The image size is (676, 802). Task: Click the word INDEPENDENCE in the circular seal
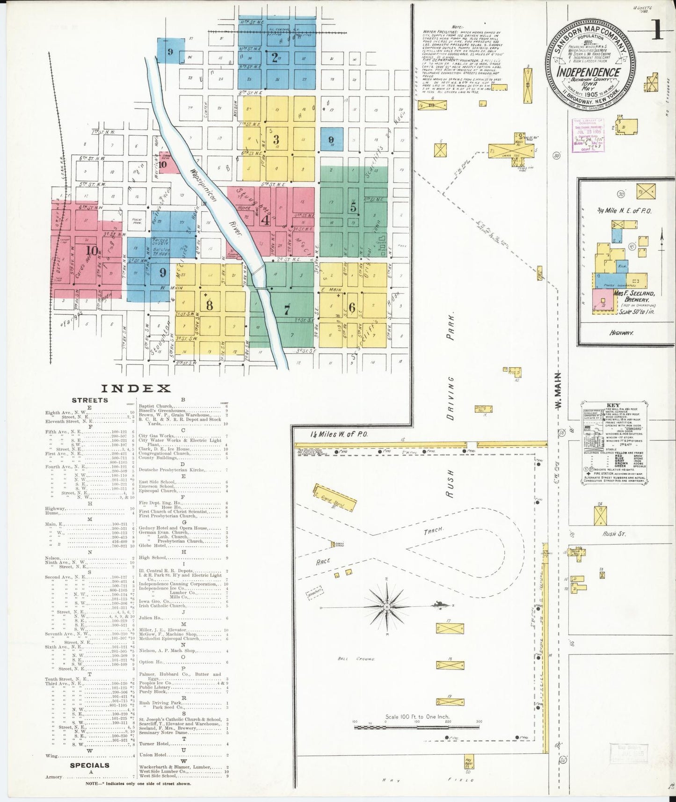click(x=589, y=73)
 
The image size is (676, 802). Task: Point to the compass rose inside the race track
click(x=387, y=607)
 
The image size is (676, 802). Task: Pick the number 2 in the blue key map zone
click(x=275, y=58)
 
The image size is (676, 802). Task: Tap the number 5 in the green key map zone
click(x=353, y=207)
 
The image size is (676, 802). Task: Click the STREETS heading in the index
click(x=89, y=400)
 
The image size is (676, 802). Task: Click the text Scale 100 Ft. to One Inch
click(x=417, y=716)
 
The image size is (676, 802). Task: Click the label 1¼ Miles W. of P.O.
click(x=339, y=434)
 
